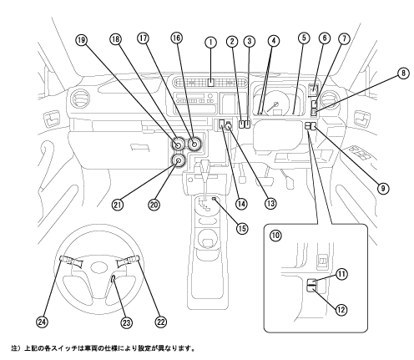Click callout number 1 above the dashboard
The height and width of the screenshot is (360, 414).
[x=210, y=43]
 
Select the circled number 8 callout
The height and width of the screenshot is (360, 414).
[x=403, y=74]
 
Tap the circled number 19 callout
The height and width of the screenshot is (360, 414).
[x=81, y=40]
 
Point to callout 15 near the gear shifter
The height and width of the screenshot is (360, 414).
[x=241, y=228]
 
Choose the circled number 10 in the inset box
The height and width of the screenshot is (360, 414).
[x=275, y=236]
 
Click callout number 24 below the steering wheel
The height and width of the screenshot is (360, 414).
[x=42, y=322]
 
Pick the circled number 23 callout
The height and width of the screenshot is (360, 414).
[x=126, y=322]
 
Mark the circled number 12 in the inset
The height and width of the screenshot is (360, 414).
[x=341, y=309]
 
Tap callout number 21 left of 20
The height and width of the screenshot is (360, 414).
[x=117, y=205]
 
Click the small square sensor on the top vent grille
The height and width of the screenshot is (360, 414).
[x=211, y=83]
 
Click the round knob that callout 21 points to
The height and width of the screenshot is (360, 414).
[x=179, y=160]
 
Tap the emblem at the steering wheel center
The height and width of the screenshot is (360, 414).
[x=99, y=267]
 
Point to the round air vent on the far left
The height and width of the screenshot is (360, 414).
[x=79, y=99]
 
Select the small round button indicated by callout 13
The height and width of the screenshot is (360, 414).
[x=229, y=127]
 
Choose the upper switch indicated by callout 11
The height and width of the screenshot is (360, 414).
[x=311, y=282]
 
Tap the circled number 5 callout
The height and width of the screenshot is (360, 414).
[x=304, y=38]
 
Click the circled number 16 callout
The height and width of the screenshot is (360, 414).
[x=177, y=38]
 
